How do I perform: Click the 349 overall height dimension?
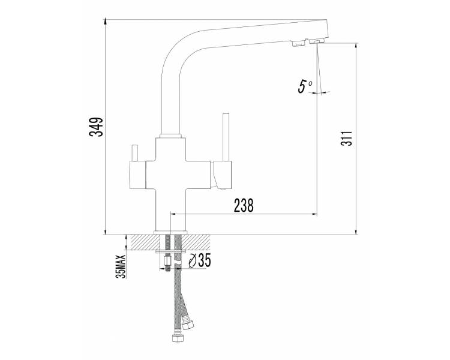pyautogui.click(x=95, y=127)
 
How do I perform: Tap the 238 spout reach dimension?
pyautogui.click(x=244, y=205)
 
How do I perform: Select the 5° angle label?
pyautogui.click(x=305, y=86)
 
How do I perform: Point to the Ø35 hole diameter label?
pyautogui.click(x=200, y=260)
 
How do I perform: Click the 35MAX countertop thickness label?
pyautogui.click(x=121, y=266)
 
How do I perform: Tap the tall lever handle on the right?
pyautogui.click(x=226, y=137)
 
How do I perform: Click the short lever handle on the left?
pyautogui.click(x=134, y=154)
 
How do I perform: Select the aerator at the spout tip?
pyautogui.click(x=317, y=42)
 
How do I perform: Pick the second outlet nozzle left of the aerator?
pyautogui.click(x=298, y=44)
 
